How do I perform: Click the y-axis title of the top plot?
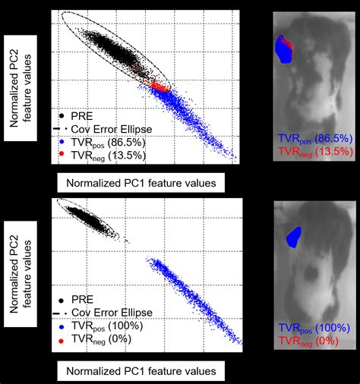22,84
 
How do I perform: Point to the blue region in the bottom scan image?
292,238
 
